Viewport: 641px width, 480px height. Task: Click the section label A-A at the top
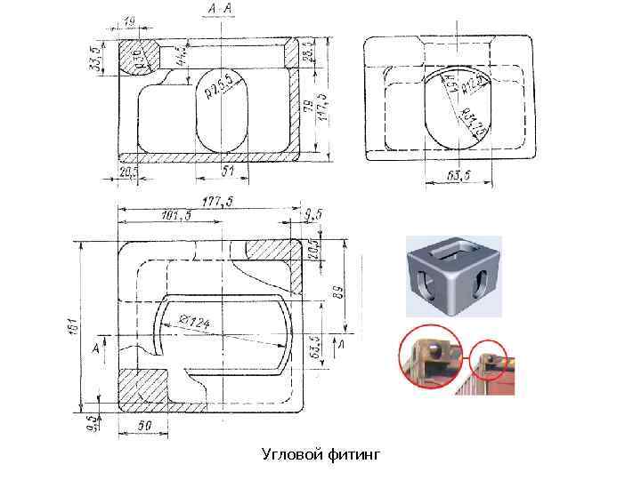pos(221,8)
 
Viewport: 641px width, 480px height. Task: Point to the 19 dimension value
pos(129,19)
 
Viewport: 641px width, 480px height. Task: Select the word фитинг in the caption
pos(352,455)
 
